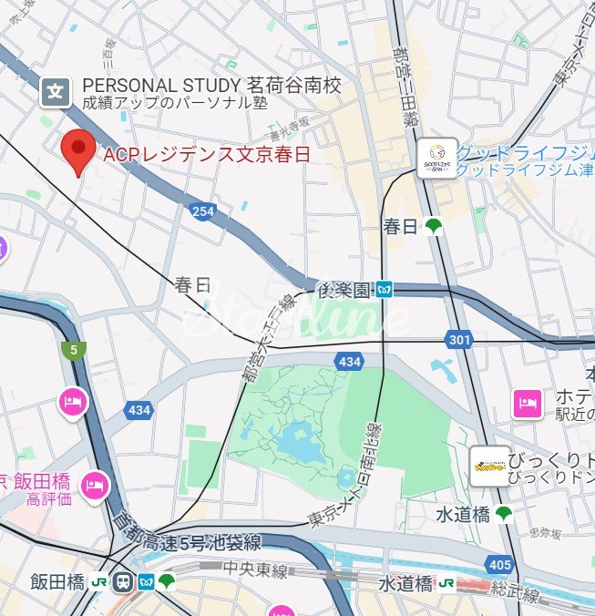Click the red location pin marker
pos(77,150)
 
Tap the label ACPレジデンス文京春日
pos(207,155)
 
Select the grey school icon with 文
pos(56,91)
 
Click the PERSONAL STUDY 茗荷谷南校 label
pos(211,86)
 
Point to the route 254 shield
pos(202,211)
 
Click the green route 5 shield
pos(71,349)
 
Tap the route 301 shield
pos(459,340)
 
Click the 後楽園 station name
pos(343,291)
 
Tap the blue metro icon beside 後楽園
pos(385,291)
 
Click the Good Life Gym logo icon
pos(436,158)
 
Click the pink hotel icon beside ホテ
pos(527,402)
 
